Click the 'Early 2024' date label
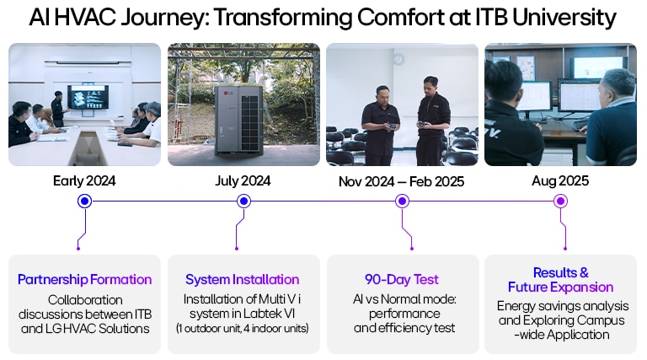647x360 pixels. click(84, 180)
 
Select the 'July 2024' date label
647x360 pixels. click(243, 180)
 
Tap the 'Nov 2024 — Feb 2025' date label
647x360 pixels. click(402, 180)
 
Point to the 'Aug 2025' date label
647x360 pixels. click(560, 180)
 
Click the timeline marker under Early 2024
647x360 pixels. click(84, 201)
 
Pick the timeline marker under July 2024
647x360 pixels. click(243, 201)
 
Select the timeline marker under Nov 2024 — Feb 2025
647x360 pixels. click(402, 201)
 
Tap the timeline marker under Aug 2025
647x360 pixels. click(560, 201)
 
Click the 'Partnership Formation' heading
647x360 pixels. click(84, 279)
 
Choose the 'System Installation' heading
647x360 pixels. click(243, 279)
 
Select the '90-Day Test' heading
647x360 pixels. click(402, 279)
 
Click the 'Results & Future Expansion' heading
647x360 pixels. click(560, 279)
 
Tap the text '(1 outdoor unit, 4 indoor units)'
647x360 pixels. click(243, 327)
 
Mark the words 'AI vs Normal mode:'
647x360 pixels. click(402, 299)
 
